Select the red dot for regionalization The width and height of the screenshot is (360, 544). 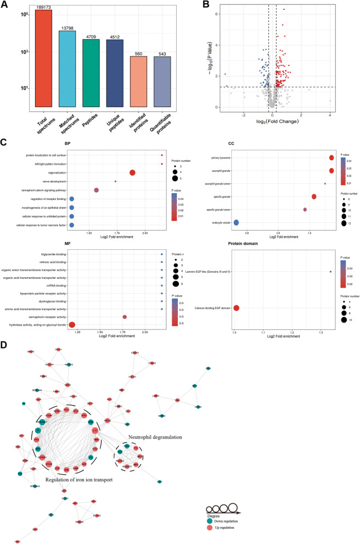(x=132, y=172)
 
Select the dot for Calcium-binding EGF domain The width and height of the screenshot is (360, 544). (x=237, y=307)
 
